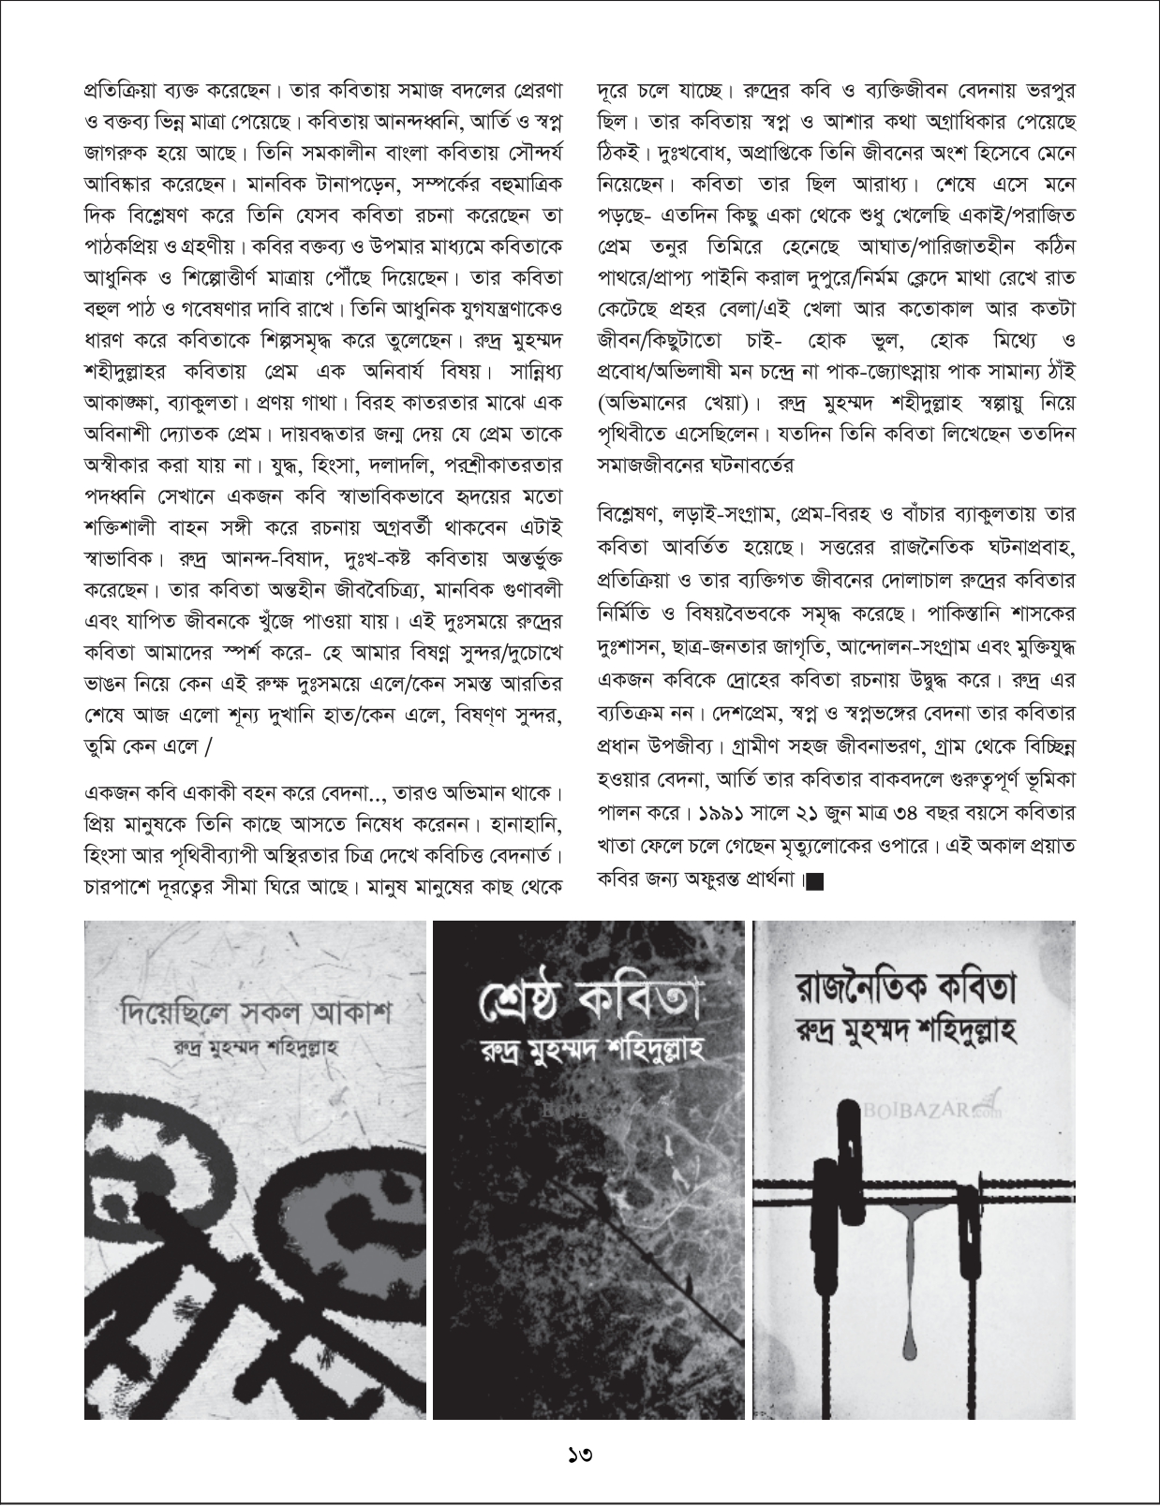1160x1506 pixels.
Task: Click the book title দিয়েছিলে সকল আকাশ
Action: pos(256,1013)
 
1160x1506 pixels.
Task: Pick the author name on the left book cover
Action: pos(256,1046)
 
